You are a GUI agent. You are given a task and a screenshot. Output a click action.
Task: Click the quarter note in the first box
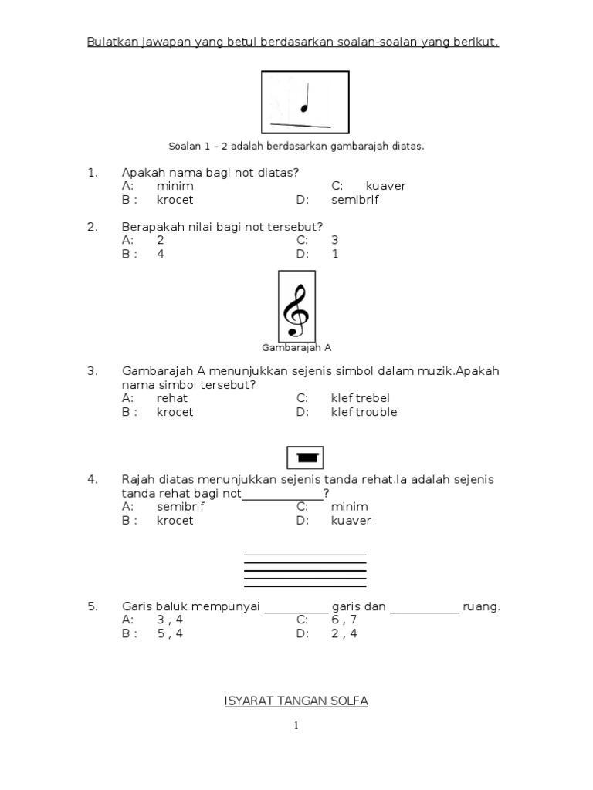click(x=305, y=99)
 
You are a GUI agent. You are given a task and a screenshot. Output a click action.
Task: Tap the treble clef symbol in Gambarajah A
click(x=296, y=306)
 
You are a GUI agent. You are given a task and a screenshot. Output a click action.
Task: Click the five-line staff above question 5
click(x=305, y=571)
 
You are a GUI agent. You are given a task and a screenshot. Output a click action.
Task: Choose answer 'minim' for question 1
click(x=175, y=186)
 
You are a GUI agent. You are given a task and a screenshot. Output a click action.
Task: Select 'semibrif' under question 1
click(x=355, y=200)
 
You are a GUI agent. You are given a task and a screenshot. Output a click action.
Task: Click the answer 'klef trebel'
click(x=361, y=398)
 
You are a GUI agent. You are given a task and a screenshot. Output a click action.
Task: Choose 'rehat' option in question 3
click(x=172, y=398)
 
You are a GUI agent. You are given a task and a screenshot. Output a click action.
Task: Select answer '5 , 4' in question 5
click(x=170, y=634)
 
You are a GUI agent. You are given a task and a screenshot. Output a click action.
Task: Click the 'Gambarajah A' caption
click(x=296, y=348)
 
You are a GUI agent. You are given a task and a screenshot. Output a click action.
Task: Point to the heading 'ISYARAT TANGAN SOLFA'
click(x=296, y=701)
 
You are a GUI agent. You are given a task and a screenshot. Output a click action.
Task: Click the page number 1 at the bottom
click(x=296, y=725)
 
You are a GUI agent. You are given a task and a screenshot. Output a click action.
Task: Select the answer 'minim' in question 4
click(x=350, y=507)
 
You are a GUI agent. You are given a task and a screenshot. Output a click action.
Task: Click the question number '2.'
click(x=92, y=227)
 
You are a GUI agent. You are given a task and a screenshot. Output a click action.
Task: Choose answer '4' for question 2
click(x=161, y=254)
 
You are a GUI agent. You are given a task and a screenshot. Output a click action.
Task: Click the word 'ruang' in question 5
click(x=479, y=606)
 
